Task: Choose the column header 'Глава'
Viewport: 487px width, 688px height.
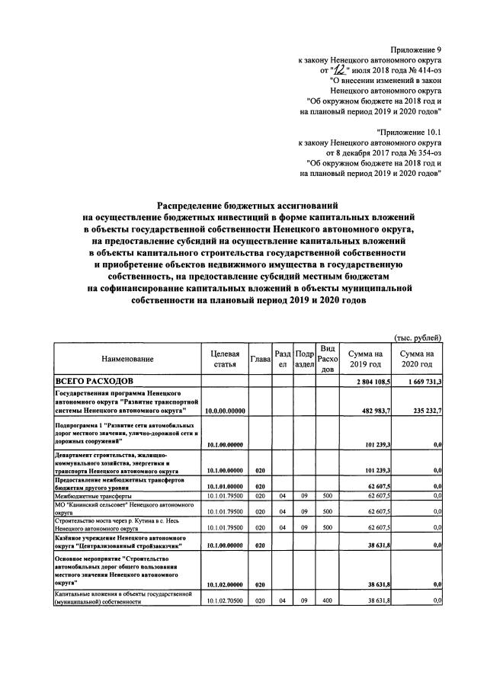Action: (x=261, y=358)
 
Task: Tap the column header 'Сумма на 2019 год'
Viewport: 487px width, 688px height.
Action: (x=366, y=358)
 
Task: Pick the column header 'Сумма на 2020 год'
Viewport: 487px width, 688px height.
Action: (x=418, y=358)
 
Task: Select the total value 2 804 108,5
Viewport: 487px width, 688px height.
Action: (x=369, y=381)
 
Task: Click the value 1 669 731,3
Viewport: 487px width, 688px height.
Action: (x=418, y=381)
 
